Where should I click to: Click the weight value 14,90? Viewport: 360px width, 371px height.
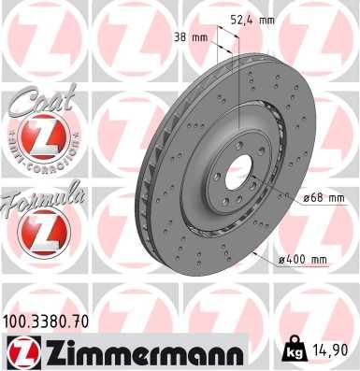pos(335,350)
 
